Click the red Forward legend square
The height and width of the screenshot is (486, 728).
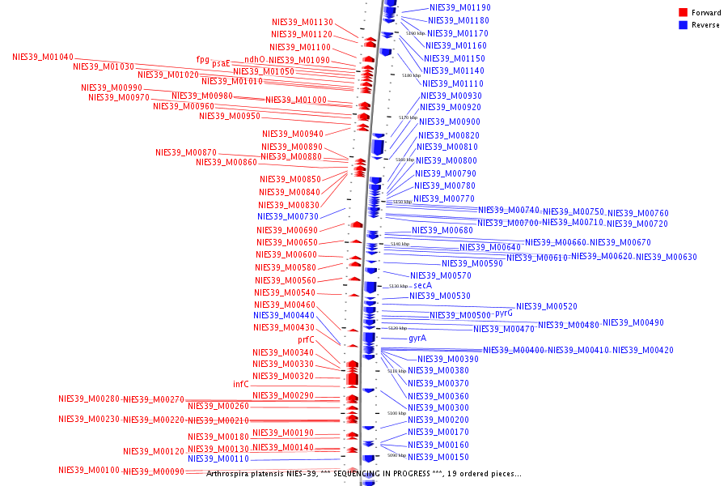click(x=683, y=12)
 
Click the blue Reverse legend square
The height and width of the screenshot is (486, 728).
click(x=683, y=24)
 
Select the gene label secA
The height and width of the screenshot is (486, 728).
click(x=422, y=285)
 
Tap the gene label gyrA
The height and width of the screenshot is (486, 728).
click(x=417, y=338)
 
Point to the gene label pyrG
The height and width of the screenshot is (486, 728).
click(x=503, y=313)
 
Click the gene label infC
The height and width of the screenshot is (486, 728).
click(x=241, y=384)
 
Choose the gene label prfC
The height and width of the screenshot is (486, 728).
click(x=307, y=339)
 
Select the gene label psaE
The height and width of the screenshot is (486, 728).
click(x=221, y=63)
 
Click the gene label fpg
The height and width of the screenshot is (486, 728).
click(x=202, y=59)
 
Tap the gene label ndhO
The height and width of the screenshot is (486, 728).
click(x=254, y=59)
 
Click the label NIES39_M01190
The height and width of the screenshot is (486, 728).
click(x=459, y=7)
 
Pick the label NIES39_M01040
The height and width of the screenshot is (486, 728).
click(x=42, y=57)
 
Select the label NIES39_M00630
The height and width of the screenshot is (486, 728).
click(x=666, y=257)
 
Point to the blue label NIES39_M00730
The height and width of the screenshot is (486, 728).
click(x=287, y=216)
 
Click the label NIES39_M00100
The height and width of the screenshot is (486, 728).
click(x=88, y=470)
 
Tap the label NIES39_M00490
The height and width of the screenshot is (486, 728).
click(x=633, y=322)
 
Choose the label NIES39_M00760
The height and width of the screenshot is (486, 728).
click(x=637, y=213)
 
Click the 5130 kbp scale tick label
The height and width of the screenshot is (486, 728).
click(x=398, y=286)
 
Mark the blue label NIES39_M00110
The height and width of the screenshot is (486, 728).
click(x=218, y=458)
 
